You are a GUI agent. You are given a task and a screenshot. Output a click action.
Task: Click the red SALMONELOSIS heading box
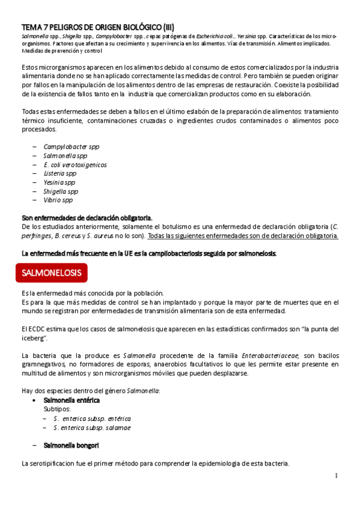point(52,272)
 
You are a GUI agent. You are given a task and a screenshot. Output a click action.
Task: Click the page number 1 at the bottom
point(337,476)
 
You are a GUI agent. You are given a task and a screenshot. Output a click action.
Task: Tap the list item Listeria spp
point(59,173)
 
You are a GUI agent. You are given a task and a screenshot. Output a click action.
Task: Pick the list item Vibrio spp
point(58,200)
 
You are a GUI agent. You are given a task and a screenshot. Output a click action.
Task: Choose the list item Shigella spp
point(61,191)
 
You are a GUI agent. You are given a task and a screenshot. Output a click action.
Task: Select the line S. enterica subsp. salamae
point(91,428)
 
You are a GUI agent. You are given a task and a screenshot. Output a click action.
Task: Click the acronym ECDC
point(37,328)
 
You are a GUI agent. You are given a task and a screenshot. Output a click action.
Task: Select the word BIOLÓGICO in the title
point(133,27)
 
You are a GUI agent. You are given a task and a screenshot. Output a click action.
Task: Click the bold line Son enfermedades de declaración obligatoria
point(87,218)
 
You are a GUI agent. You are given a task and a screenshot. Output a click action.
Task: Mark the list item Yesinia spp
point(59,182)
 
